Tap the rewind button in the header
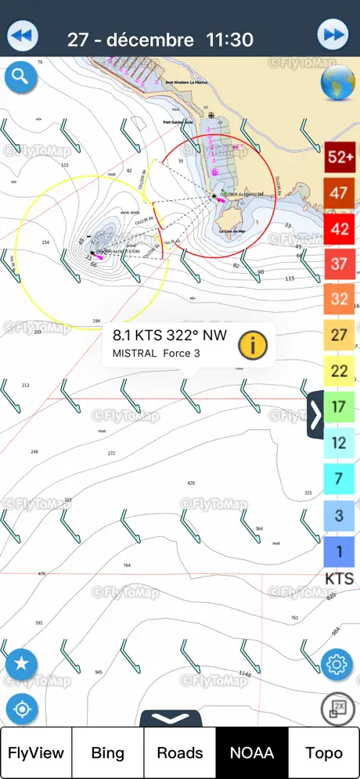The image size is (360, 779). point(23,36)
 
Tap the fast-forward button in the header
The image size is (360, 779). point(333,36)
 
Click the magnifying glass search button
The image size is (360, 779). point(20,77)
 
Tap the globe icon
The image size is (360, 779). point(337,83)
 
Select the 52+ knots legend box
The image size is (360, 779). point(340,156)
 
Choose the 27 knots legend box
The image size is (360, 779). point(339,335)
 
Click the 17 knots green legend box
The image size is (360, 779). point(339,407)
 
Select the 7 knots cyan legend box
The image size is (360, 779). point(339,478)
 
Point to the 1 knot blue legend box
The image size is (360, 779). point(339,551)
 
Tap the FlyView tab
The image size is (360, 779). point(36,752)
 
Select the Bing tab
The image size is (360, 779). point(108,752)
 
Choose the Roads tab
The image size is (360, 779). point(180,752)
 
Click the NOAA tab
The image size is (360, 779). point(252,752)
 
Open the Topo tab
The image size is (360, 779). point(324,752)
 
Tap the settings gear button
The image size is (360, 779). point(337,665)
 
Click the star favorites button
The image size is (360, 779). point(21,664)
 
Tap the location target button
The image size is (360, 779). point(21,709)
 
